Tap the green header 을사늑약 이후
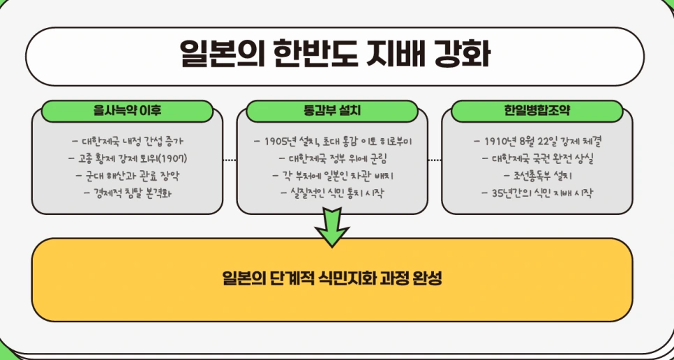128,111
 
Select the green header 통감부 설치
332,111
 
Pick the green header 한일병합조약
537,111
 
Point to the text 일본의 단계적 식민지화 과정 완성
332,279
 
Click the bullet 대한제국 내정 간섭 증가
128,141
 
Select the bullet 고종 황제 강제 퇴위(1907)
128,158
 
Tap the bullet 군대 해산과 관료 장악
128,175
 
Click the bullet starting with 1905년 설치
332,142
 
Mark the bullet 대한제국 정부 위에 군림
332,158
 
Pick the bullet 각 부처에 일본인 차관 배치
332,175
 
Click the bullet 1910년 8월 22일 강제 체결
537,142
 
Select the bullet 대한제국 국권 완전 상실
537,158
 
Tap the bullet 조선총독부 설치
537,175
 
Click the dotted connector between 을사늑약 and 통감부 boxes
230,160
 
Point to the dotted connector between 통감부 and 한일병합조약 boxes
435,160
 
